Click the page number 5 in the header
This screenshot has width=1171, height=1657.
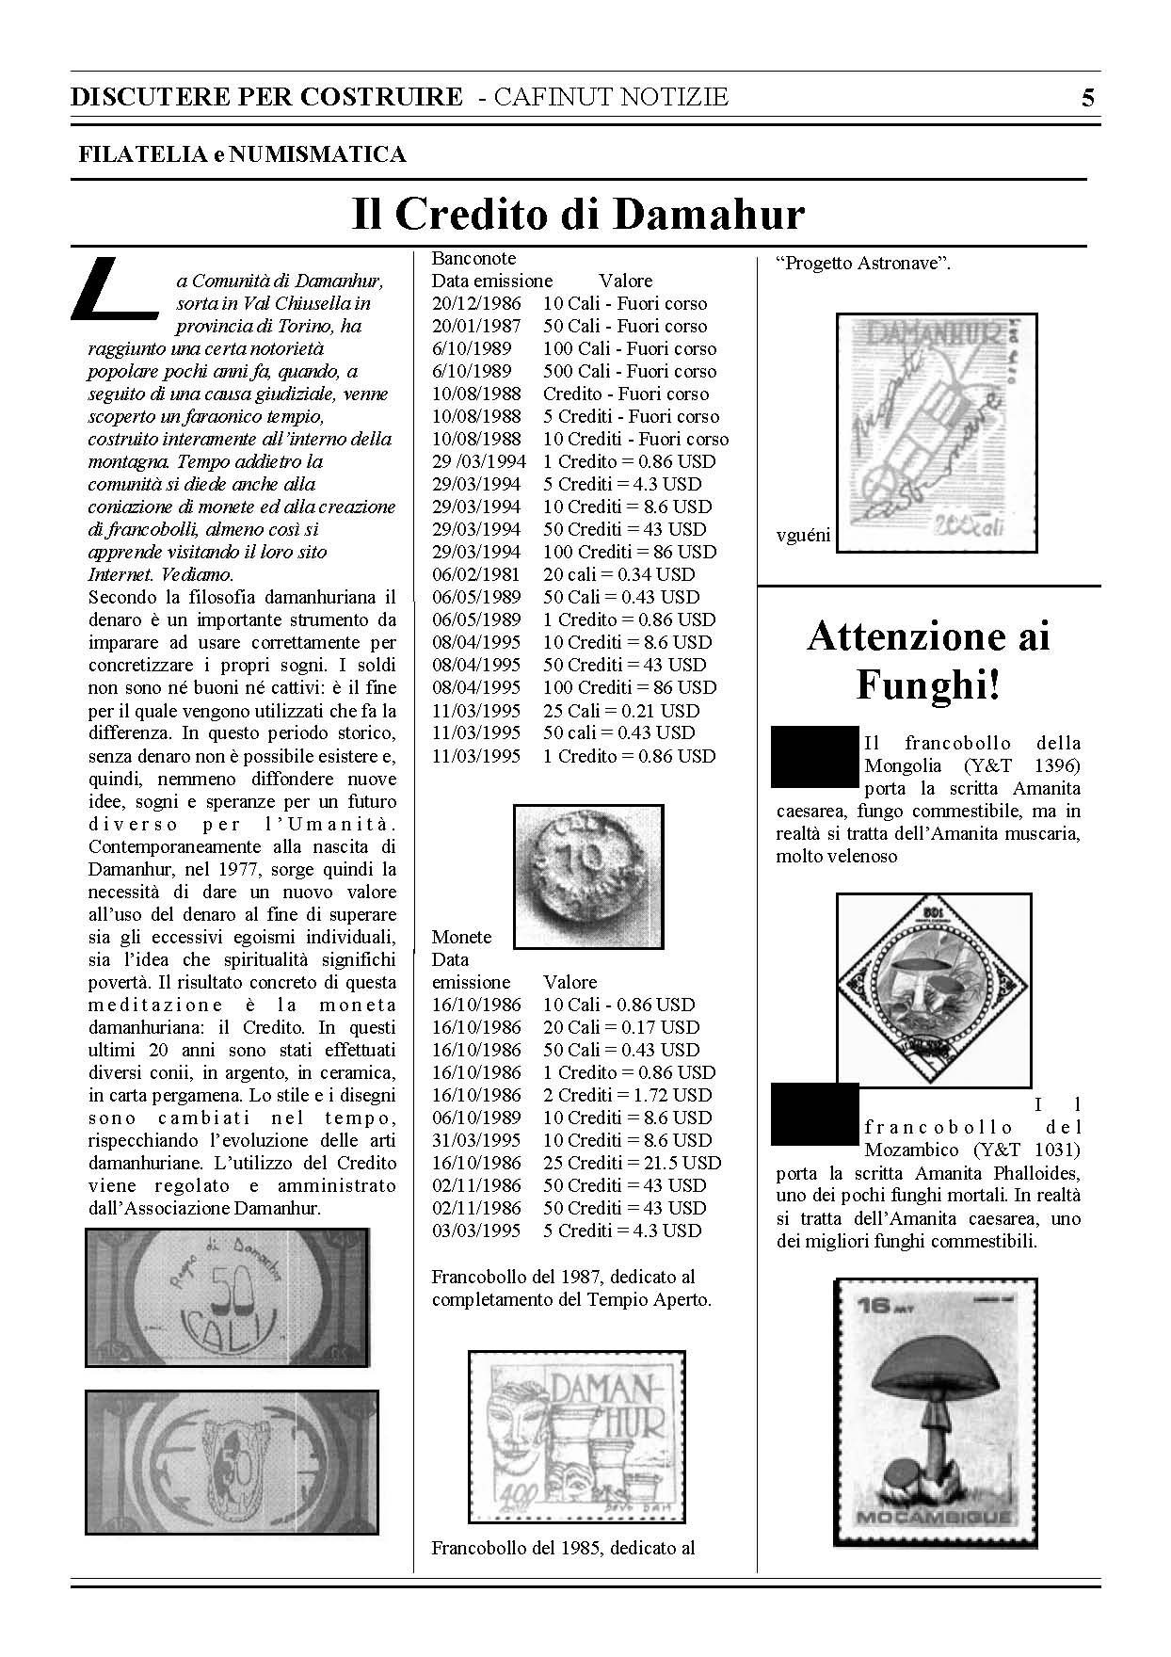(1087, 98)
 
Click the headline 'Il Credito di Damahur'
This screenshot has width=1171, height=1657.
(578, 215)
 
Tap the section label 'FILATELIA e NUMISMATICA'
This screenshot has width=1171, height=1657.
(242, 154)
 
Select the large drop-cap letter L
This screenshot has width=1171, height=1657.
(111, 286)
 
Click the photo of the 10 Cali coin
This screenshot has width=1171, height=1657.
(588, 875)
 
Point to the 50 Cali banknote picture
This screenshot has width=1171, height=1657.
(227, 1296)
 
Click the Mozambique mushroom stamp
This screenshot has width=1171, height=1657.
(936, 1412)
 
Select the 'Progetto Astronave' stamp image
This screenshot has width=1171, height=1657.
(937, 432)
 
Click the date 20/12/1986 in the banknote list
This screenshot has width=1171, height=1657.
(475, 303)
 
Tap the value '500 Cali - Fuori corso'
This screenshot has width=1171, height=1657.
(629, 371)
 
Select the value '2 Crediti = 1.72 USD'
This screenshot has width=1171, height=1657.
(627, 1095)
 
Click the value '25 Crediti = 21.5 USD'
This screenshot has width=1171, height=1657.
(632, 1163)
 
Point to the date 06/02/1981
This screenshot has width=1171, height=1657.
(475, 574)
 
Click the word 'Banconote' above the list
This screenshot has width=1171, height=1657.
(473, 258)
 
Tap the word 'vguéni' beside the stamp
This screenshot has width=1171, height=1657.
(803, 536)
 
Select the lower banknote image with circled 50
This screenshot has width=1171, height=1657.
(231, 1462)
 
